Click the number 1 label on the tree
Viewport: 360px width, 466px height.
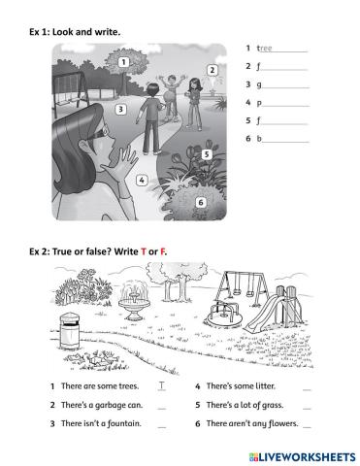coord(123,62)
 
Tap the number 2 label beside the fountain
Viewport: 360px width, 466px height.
coord(213,70)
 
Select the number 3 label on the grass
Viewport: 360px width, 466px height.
coord(120,110)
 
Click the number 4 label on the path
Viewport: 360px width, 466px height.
coord(142,181)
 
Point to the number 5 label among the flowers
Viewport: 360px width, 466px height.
coord(207,154)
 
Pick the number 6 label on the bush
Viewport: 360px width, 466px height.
coord(201,203)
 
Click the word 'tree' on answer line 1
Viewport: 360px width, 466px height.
coord(264,49)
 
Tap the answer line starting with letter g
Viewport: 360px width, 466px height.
coord(285,87)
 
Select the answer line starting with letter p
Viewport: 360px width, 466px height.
coord(285,106)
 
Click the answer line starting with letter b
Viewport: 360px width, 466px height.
coord(285,142)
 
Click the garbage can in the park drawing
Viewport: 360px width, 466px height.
coord(70,331)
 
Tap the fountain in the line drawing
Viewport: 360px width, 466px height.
coord(134,300)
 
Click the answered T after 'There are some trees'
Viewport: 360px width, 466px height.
coord(162,385)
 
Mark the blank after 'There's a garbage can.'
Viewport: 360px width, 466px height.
coord(162,409)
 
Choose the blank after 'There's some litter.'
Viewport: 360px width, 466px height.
coord(307,390)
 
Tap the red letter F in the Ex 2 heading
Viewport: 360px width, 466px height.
coord(163,251)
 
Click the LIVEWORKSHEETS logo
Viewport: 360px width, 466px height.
coord(303,457)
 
